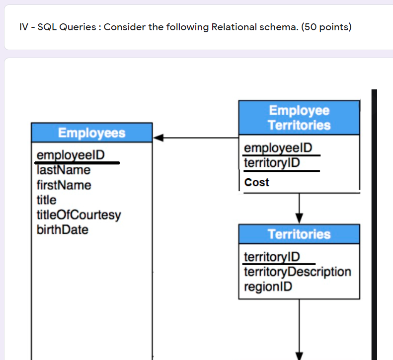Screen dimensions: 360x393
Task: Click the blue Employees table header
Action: [92, 133]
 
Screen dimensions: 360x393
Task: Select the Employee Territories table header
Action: [299, 118]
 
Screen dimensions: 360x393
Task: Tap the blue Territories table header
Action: [299, 234]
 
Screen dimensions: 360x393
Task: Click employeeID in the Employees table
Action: [71, 155]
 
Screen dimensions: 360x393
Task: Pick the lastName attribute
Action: [64, 170]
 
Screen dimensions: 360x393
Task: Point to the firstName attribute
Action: [64, 185]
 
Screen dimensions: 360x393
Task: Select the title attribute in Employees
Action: [47, 200]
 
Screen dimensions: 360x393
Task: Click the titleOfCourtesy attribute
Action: [79, 215]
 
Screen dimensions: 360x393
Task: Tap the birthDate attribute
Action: [63, 230]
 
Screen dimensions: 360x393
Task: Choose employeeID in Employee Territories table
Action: [278, 148]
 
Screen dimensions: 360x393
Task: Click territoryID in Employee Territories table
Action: [272, 163]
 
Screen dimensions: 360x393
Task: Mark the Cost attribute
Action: [257, 182]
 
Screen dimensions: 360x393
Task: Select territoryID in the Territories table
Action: [272, 257]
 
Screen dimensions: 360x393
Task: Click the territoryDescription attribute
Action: [298, 272]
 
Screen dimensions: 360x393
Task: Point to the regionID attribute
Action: [268, 287]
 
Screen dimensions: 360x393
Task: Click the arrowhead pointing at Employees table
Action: [158, 138]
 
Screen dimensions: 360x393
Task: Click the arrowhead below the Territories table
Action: [299, 355]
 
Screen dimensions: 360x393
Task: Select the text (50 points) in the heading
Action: [326, 27]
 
